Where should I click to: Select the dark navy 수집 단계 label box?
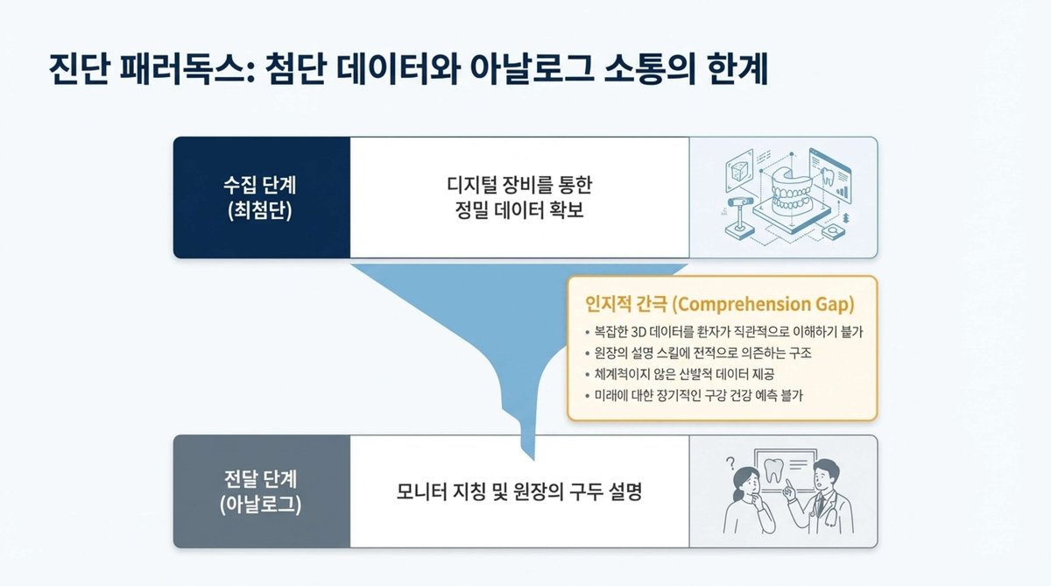tap(262, 197)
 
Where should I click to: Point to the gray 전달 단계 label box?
tap(262, 492)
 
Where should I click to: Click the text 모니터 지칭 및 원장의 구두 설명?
tap(519, 492)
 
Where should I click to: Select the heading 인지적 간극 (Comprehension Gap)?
tap(719, 304)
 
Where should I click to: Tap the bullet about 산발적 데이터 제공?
tap(693, 374)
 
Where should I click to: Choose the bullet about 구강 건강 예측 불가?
tap(698, 395)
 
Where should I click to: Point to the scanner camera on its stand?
tap(738, 207)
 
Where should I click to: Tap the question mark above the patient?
tap(729, 463)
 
